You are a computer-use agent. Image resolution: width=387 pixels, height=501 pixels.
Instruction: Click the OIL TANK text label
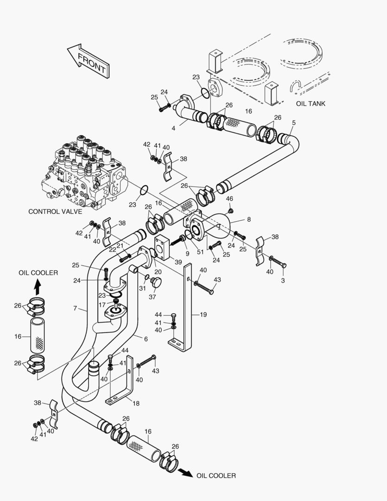coord(311,103)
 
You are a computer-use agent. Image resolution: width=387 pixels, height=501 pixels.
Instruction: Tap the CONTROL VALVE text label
coord(55,212)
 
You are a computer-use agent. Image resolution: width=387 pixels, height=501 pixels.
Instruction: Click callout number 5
coord(293,122)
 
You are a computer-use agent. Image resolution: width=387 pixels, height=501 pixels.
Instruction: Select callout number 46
coord(229,199)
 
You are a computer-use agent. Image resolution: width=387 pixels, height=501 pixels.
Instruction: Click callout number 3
coord(283,281)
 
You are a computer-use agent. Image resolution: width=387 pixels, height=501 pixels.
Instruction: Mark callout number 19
coord(203,315)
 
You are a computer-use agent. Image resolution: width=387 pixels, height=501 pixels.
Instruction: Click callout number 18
coord(136,404)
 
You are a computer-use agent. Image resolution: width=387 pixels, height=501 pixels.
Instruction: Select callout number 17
coord(102,305)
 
